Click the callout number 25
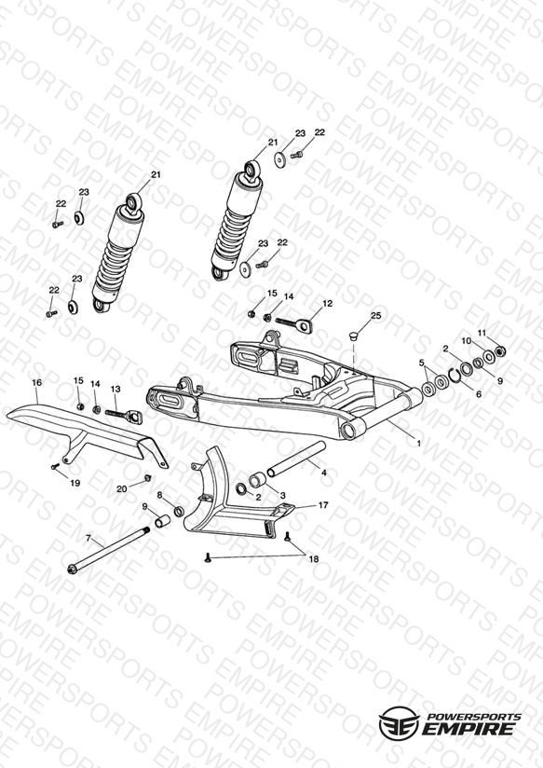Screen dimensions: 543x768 point(375,316)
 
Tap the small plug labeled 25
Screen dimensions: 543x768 point(354,336)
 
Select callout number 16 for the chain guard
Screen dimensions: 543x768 point(37,382)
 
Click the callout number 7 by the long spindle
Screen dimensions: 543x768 point(88,539)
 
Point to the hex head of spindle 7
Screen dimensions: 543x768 point(72,569)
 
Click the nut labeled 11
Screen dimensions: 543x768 point(500,350)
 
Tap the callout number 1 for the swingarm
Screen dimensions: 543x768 point(418,444)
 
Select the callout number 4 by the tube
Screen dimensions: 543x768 point(323,473)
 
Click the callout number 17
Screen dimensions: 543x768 point(323,505)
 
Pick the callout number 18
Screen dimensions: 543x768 point(313,559)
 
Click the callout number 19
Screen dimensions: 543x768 point(75,483)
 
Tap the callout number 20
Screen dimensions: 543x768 point(121,488)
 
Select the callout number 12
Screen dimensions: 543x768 point(328,304)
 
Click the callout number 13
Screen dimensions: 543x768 point(115,389)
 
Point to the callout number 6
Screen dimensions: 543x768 point(479,394)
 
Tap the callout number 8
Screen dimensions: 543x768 point(159,495)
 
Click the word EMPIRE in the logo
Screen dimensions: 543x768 point(468,728)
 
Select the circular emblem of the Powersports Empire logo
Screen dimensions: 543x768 point(399,722)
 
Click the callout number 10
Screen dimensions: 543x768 point(467,340)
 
